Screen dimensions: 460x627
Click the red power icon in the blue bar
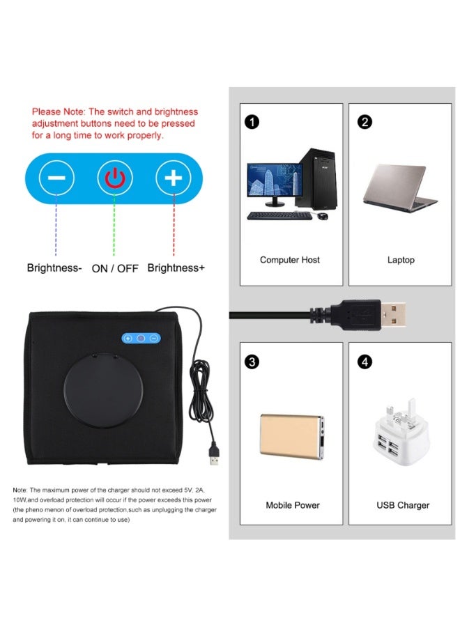point(115,178)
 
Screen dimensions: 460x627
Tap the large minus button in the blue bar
point(56,178)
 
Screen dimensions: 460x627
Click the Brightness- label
point(54,268)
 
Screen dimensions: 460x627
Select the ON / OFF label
point(115,268)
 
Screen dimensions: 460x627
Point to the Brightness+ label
point(176,268)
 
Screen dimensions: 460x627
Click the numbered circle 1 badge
point(252,121)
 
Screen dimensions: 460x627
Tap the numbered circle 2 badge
point(365,121)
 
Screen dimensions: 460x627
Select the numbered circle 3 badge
point(252,362)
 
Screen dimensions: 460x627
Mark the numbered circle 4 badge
point(365,362)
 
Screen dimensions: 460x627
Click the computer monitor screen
point(275,180)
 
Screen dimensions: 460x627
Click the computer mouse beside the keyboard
point(323,217)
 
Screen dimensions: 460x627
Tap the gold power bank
point(292,436)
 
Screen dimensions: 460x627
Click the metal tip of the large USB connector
point(393,315)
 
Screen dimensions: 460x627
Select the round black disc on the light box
point(103,390)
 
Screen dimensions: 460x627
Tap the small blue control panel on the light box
point(141,339)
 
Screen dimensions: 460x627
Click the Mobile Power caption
point(293,505)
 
